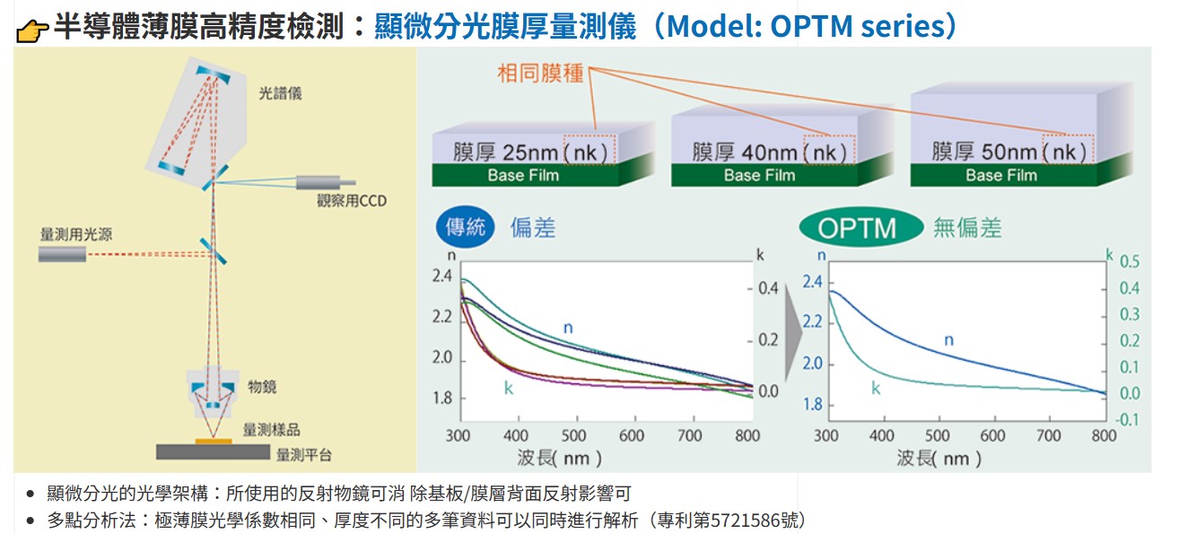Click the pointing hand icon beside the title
click(32, 31)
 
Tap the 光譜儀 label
click(280, 93)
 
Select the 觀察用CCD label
click(352, 201)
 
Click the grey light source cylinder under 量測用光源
click(62, 254)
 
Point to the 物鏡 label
click(262, 387)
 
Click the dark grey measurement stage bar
click(213, 451)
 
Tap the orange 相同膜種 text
click(540, 74)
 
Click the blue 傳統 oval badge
click(465, 227)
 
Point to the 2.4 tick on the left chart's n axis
click(442, 276)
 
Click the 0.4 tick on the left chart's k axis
click(768, 288)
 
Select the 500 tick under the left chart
click(573, 436)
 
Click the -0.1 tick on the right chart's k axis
click(1127, 420)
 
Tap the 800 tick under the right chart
click(1104, 436)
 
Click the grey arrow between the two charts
click(793, 337)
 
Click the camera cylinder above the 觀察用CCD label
click(326, 182)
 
